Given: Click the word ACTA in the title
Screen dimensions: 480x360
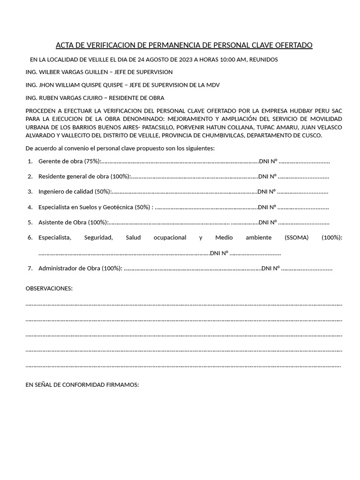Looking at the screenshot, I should point(65,45).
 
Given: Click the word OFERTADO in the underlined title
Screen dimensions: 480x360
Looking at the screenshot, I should point(293,45).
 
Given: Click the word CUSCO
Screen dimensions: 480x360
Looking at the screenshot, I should point(311,135).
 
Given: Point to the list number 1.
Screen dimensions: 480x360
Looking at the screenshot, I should point(30,161).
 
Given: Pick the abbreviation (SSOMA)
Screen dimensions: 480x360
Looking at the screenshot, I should point(297,238).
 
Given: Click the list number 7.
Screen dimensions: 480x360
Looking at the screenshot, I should point(30,269).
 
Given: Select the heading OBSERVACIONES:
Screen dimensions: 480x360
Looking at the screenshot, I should point(49,288).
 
